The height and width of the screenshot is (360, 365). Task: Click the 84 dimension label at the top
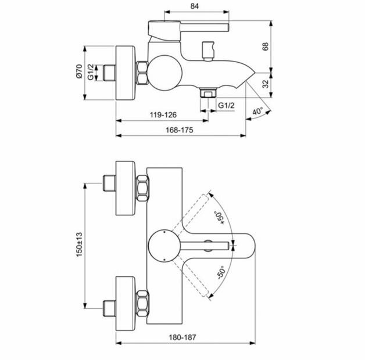pyautogui.click(x=194, y=6)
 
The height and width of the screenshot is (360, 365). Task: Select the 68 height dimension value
pyautogui.click(x=265, y=46)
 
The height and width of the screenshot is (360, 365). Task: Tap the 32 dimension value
pyautogui.click(x=266, y=84)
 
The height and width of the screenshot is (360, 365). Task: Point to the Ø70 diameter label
pyautogui.click(x=79, y=71)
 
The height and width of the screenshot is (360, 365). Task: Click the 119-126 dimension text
pyautogui.click(x=163, y=114)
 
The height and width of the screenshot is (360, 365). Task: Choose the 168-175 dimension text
pyautogui.click(x=180, y=129)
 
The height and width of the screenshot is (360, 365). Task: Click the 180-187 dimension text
pyautogui.click(x=182, y=337)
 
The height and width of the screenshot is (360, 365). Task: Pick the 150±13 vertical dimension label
pyautogui.click(x=79, y=244)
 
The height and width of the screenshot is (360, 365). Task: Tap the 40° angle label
pyautogui.click(x=257, y=111)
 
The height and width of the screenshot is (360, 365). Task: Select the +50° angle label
pyautogui.click(x=220, y=218)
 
